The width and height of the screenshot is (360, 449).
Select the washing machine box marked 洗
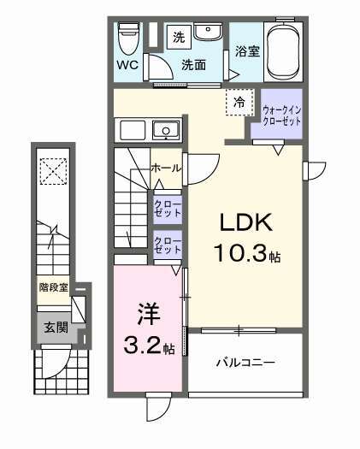point(179,36)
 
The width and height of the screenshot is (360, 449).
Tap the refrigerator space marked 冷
point(239,103)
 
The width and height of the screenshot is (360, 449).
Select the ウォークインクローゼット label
point(281,115)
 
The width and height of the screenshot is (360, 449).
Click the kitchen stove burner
point(166,131)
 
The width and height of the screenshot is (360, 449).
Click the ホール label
point(164,168)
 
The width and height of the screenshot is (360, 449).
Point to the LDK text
point(246,224)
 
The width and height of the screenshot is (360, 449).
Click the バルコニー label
point(244,363)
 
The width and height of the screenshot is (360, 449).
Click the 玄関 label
point(55,328)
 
